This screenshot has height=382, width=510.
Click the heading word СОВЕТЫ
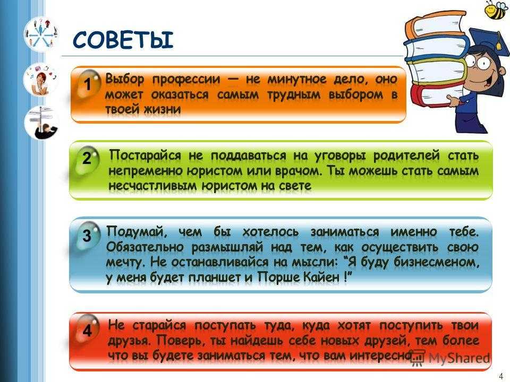123,40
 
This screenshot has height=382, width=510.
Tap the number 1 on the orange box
88,84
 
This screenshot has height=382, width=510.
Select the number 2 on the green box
87,158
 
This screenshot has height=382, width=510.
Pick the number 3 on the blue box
87,236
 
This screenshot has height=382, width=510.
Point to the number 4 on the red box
87,331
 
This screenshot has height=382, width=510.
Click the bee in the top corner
496,10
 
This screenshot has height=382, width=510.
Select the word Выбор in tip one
124,79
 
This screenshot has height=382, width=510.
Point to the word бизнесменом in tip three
436,262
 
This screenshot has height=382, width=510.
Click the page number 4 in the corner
500,376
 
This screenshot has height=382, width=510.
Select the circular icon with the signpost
41,123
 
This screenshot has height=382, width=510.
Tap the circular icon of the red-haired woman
41,80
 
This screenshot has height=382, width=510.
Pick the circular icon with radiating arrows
41,34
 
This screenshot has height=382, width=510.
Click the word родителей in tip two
406,156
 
